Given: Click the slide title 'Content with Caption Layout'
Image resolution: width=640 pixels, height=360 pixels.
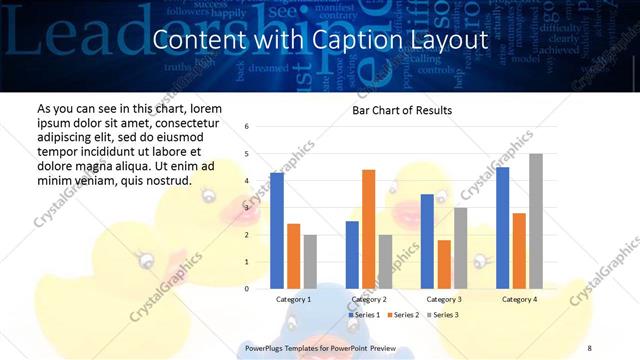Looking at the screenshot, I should pos(320,41).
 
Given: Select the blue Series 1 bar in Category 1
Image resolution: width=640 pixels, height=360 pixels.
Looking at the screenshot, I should pos(277,230).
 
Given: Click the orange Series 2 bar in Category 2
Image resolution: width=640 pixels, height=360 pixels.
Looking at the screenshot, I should pos(368,229).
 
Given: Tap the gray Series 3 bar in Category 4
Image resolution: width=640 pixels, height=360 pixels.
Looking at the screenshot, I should pos(535,221).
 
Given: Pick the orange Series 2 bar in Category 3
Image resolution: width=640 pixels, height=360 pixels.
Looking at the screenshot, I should pos(443,264).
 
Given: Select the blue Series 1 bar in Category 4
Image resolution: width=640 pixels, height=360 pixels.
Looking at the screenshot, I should pos(503,227).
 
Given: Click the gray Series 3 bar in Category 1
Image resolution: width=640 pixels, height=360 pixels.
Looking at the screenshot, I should pos(309,261).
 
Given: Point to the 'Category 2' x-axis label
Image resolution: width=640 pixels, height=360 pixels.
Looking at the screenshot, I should pos(368,299).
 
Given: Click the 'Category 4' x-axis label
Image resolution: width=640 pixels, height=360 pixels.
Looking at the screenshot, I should pos(519,299).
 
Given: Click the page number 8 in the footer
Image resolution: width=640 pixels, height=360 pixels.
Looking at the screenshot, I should pos(589,347).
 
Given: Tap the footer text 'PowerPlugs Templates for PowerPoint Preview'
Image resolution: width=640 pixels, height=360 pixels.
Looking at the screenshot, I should pos(321,347).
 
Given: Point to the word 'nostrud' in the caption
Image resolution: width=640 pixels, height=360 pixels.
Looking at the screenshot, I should pos(165,180).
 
